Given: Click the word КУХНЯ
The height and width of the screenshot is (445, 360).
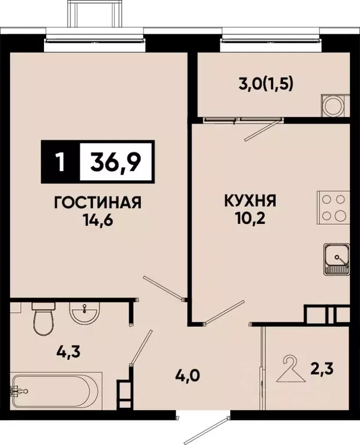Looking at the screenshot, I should pos(250,202).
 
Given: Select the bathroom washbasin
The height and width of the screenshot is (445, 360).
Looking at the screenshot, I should pos(85,314).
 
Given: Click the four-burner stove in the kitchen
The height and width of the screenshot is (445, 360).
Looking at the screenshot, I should pos(334,208).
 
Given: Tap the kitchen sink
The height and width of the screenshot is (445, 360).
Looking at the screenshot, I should pos(337,258).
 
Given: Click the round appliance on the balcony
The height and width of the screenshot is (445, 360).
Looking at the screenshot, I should pos(334,106).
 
